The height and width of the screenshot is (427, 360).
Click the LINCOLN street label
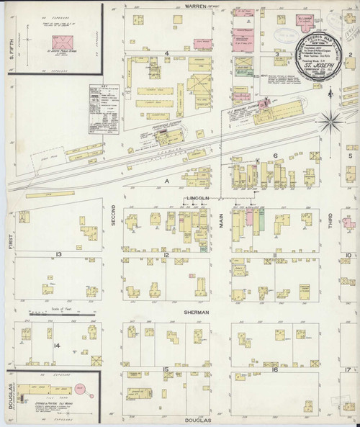coord(197,197)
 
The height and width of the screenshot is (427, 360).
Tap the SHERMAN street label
coord(196,313)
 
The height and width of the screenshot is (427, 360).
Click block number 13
coord(54,255)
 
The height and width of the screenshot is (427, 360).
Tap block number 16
coord(275,369)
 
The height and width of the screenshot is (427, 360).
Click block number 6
coord(275,155)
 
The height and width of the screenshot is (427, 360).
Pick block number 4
coord(166,53)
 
